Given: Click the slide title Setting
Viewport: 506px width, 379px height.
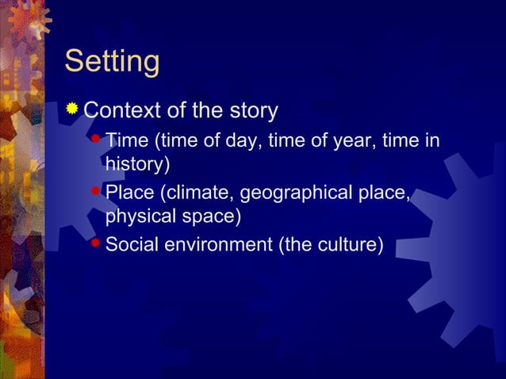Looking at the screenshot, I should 112,62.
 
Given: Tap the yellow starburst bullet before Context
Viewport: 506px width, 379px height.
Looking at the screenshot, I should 73,109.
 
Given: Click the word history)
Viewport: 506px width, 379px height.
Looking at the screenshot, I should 137,165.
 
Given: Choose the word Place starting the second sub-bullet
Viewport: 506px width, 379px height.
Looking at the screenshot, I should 130,193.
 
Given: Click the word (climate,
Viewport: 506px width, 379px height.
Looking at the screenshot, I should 197,193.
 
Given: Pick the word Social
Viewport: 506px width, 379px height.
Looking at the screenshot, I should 132,243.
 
